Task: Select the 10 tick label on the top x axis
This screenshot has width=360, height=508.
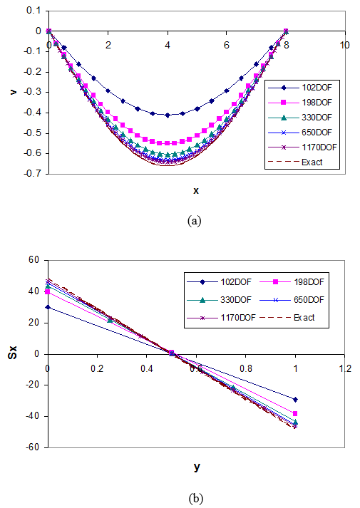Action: pyautogui.click(x=345, y=45)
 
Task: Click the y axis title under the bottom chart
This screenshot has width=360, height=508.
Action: pyautogui.click(x=196, y=467)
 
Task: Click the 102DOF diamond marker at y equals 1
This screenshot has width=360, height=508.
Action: pyautogui.click(x=295, y=400)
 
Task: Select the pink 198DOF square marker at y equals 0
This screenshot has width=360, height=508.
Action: pyautogui.click(x=48, y=292)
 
